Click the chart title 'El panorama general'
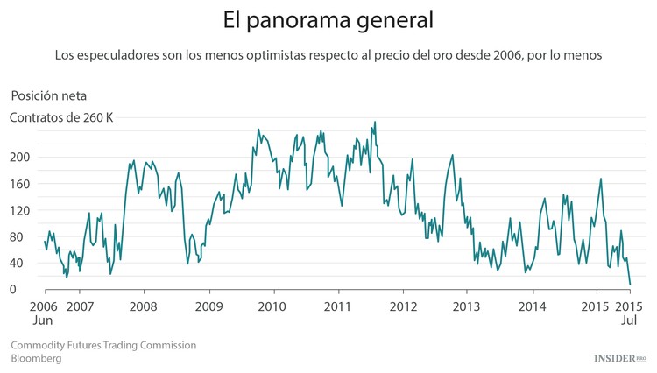[x=328, y=19]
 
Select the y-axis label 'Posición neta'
[x=48, y=95]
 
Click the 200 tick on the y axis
[x=20, y=157]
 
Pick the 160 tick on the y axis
[x=20, y=184]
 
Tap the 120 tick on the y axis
[x=20, y=210]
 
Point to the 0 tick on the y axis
[x=13, y=290]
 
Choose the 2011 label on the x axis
[x=337, y=306]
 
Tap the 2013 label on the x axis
[x=467, y=306]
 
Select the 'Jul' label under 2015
[x=628, y=320]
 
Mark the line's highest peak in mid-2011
[x=375, y=123]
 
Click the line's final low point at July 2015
[x=630, y=285]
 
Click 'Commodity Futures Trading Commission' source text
[x=103, y=345]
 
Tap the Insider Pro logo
[x=619, y=358]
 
